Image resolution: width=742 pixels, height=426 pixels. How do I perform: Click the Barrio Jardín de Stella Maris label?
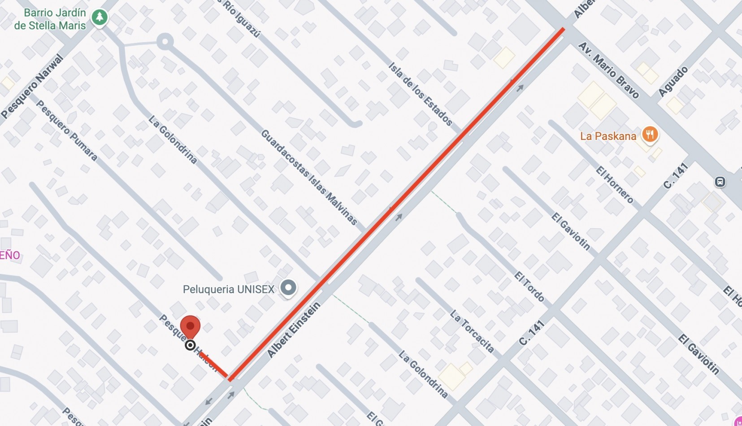tap(50, 19)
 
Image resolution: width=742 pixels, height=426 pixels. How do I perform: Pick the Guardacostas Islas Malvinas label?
tap(309, 177)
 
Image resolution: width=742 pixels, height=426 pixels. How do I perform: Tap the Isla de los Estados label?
tap(420, 94)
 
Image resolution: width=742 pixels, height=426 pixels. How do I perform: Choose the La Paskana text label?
tap(608, 136)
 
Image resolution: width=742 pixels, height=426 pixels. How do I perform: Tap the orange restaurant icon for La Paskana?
tap(650, 134)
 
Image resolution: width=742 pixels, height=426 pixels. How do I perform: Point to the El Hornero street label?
tap(614, 184)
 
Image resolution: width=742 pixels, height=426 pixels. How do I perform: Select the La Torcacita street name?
tap(472, 331)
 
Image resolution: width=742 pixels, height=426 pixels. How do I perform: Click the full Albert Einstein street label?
tap(294, 330)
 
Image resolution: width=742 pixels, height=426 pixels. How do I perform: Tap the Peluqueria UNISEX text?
tap(228, 289)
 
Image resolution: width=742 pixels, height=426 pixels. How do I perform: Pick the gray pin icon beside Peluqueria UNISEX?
tap(288, 287)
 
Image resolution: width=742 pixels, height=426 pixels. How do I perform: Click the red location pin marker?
tap(190, 326)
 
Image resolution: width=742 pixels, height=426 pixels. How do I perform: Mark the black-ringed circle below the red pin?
tap(190, 345)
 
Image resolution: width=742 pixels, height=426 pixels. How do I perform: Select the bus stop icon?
tap(720, 182)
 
